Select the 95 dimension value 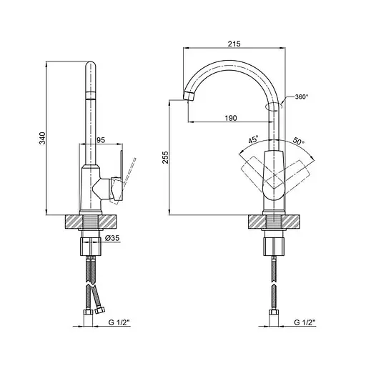[x=102, y=141]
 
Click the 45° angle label [x=253, y=141]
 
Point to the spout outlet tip [x=189, y=95]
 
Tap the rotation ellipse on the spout [x=273, y=107]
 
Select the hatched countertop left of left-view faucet [x=74, y=222]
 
